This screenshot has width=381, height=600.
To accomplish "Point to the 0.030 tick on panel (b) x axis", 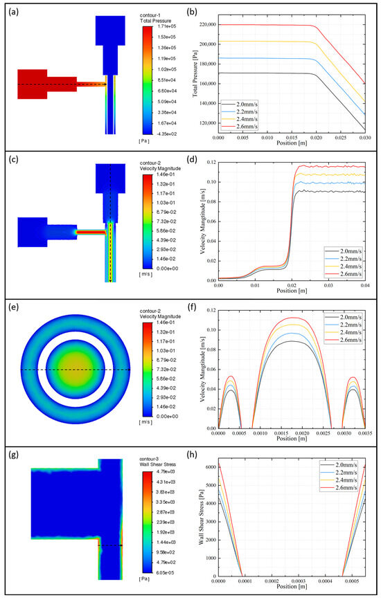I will click(366, 138).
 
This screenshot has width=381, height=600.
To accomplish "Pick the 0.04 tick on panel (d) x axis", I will click(366, 284).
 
